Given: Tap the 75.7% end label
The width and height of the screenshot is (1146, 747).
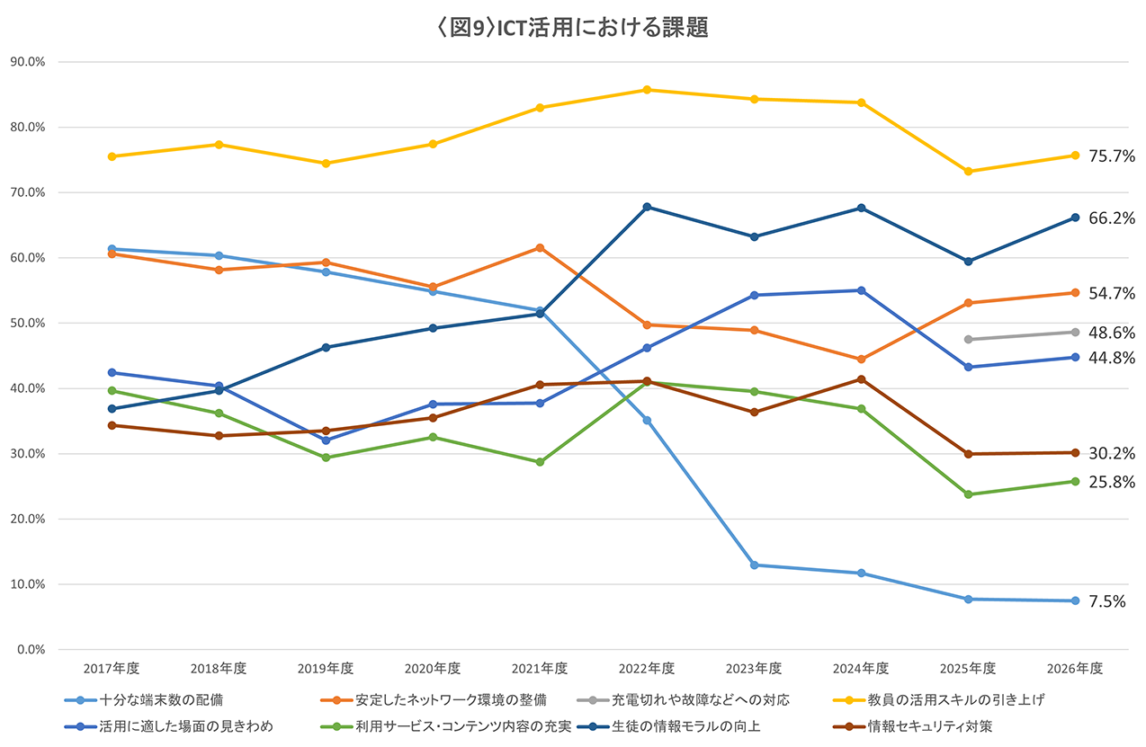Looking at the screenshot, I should pos(1111,156).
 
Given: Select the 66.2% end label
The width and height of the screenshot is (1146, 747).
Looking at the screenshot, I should pos(1111,218).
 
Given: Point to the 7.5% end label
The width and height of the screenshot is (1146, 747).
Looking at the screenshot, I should pos(1107,602).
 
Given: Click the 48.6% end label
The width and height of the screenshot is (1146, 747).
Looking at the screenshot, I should pos(1111,333).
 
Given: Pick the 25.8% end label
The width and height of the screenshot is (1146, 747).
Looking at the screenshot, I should pos(1111,483).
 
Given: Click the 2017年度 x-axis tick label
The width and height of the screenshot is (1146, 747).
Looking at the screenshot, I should pos(112,669).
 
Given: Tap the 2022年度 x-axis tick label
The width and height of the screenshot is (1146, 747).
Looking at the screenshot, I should pos(647,669).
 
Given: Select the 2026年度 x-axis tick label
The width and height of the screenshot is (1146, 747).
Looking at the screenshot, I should pos(1075,669).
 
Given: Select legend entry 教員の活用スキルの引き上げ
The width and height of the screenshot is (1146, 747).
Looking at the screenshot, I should pos(956,698).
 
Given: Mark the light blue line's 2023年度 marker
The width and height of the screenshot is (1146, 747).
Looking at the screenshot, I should pos(754,565).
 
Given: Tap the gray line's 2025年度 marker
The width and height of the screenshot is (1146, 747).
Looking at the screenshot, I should pos(968,340).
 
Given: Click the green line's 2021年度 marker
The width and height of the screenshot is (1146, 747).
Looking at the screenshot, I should pos(540,462).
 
